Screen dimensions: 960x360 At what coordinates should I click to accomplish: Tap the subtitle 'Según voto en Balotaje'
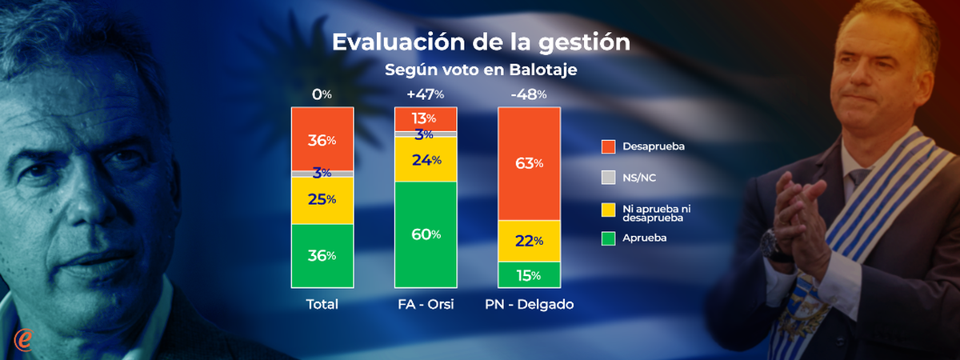pyautogui.click(x=481, y=70)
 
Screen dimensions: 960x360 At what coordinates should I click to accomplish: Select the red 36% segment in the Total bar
pyautogui.click(x=322, y=139)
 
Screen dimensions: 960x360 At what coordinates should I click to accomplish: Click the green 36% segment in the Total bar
pyautogui.click(x=322, y=256)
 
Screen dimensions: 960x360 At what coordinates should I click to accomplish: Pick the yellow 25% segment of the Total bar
pyautogui.click(x=322, y=201)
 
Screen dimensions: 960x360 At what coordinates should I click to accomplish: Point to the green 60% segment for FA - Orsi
pyautogui.click(x=426, y=234)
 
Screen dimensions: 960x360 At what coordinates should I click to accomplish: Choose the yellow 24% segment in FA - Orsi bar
pyautogui.click(x=426, y=159)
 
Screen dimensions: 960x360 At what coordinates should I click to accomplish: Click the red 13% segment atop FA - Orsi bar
pyautogui.click(x=426, y=118)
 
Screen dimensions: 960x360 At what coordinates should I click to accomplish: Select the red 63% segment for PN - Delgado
pyautogui.click(x=529, y=164)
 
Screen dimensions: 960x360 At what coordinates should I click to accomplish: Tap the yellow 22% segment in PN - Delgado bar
pyautogui.click(x=529, y=241)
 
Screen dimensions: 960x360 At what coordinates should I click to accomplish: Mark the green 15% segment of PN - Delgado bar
pyautogui.click(x=529, y=274)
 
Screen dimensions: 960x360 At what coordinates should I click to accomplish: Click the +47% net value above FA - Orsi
pyautogui.click(x=426, y=94)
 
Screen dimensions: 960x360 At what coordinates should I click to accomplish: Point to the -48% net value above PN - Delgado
pyautogui.click(x=529, y=94)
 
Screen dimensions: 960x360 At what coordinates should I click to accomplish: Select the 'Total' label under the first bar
pyautogui.click(x=322, y=304)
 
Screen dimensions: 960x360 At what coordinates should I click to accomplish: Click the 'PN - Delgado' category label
pyautogui.click(x=530, y=304)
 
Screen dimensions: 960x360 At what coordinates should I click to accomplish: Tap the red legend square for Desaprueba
pyautogui.click(x=608, y=146)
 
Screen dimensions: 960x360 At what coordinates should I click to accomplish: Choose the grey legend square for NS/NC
pyautogui.click(x=608, y=178)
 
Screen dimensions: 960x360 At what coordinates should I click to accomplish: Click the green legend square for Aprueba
pyautogui.click(x=608, y=238)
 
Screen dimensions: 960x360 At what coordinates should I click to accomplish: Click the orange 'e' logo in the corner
pyautogui.click(x=23, y=339)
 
